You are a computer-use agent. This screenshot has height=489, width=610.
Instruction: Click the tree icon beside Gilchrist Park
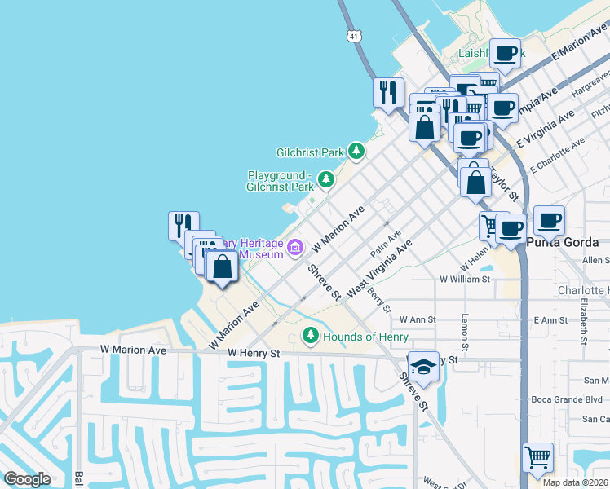[x=356, y=152]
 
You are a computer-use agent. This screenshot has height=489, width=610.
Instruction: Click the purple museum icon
[x=294, y=246]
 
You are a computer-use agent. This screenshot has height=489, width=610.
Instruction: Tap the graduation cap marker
[x=424, y=368]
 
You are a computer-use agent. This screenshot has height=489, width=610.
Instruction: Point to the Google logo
[x=27, y=479]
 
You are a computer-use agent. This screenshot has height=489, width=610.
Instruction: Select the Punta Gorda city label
[x=563, y=243]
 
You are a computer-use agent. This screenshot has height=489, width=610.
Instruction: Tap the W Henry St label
[x=254, y=354]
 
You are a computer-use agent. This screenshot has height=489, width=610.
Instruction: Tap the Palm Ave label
[x=386, y=241]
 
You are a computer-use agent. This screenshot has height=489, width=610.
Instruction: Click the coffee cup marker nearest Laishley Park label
[x=505, y=55]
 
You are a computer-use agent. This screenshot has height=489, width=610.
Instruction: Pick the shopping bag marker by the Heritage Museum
[x=222, y=266]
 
